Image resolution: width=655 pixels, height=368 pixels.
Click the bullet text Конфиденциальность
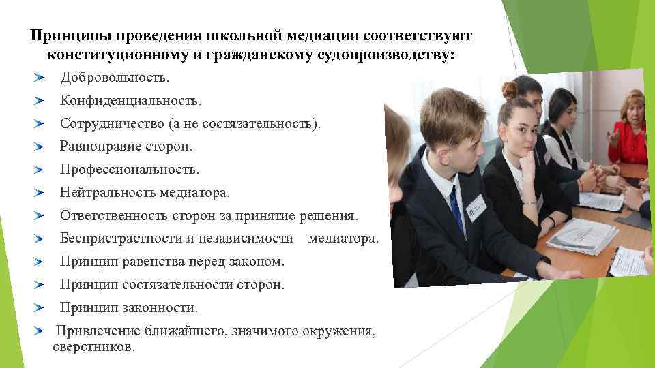(x=130, y=101)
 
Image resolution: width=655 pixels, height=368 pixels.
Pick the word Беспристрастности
(x=121, y=239)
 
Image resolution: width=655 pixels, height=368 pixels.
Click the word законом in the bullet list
(x=261, y=262)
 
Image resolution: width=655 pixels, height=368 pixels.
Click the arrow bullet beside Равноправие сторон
(x=38, y=147)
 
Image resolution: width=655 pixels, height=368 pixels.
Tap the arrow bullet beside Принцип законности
(x=38, y=308)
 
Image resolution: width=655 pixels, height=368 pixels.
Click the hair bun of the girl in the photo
(x=509, y=89)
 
